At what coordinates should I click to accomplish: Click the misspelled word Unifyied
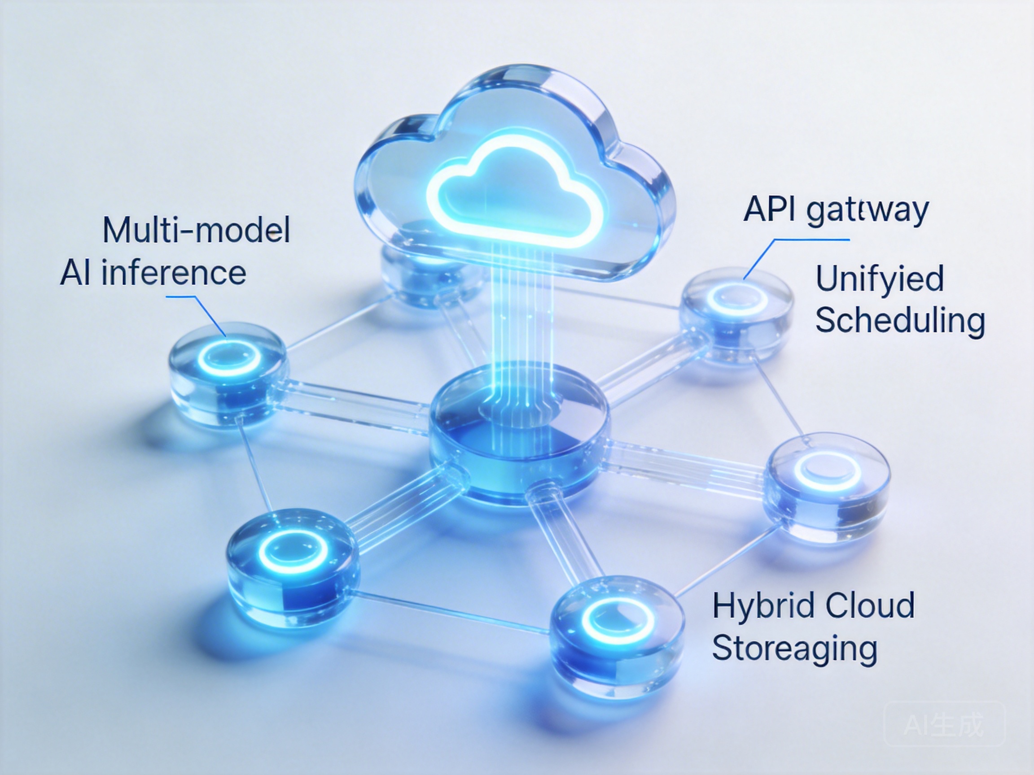(x=879, y=279)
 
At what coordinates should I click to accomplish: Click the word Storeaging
(x=794, y=649)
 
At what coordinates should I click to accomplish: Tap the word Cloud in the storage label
(x=869, y=605)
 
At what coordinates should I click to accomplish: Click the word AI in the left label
(x=75, y=273)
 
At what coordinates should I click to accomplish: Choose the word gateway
(x=868, y=210)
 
